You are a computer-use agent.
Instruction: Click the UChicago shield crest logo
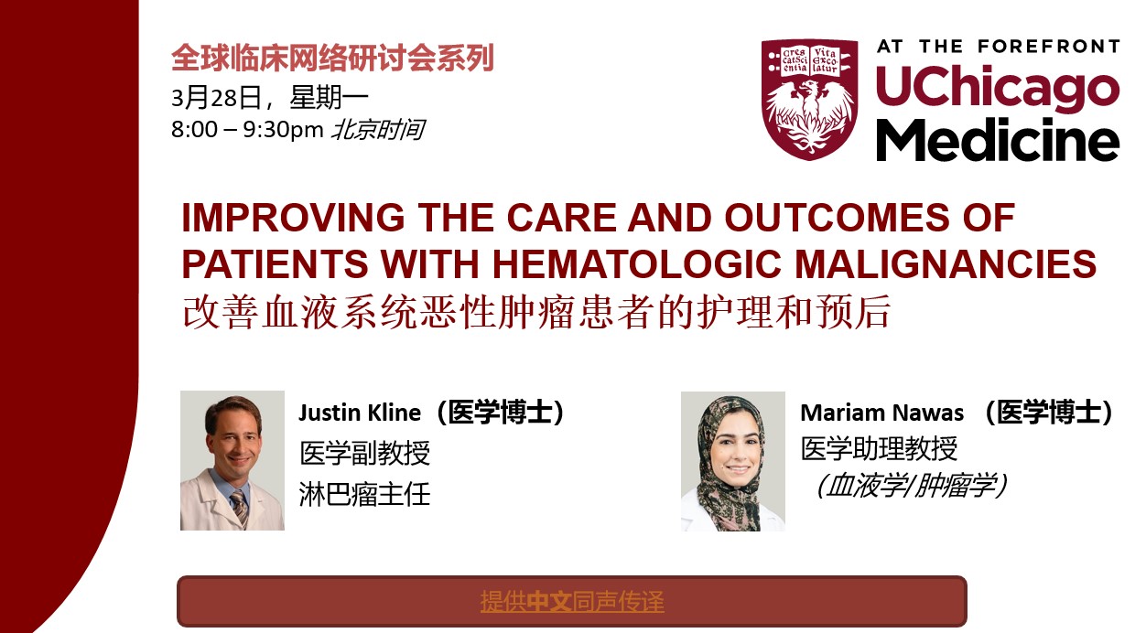[x=809, y=100]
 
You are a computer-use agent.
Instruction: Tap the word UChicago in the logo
[x=998, y=87]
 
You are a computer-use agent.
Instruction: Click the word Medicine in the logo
[x=998, y=140]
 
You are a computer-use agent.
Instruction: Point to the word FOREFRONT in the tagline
[x=1049, y=47]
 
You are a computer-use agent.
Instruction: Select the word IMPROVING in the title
[x=293, y=218]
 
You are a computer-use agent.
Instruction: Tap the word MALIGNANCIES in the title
[x=946, y=263]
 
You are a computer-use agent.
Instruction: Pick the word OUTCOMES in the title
[x=838, y=218]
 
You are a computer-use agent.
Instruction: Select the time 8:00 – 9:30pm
[x=248, y=130]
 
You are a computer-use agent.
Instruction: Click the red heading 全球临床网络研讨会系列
[x=332, y=58]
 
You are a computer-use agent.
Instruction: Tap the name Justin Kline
[x=360, y=413]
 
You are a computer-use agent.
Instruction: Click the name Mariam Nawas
[x=882, y=413]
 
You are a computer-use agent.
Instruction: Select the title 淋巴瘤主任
[x=365, y=495]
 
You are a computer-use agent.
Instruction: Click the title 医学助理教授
[x=879, y=448]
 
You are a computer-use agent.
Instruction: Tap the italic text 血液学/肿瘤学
[x=913, y=485]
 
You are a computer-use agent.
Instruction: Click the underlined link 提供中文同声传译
[x=572, y=601]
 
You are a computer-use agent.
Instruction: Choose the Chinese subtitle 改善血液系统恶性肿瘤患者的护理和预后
[x=536, y=311]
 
